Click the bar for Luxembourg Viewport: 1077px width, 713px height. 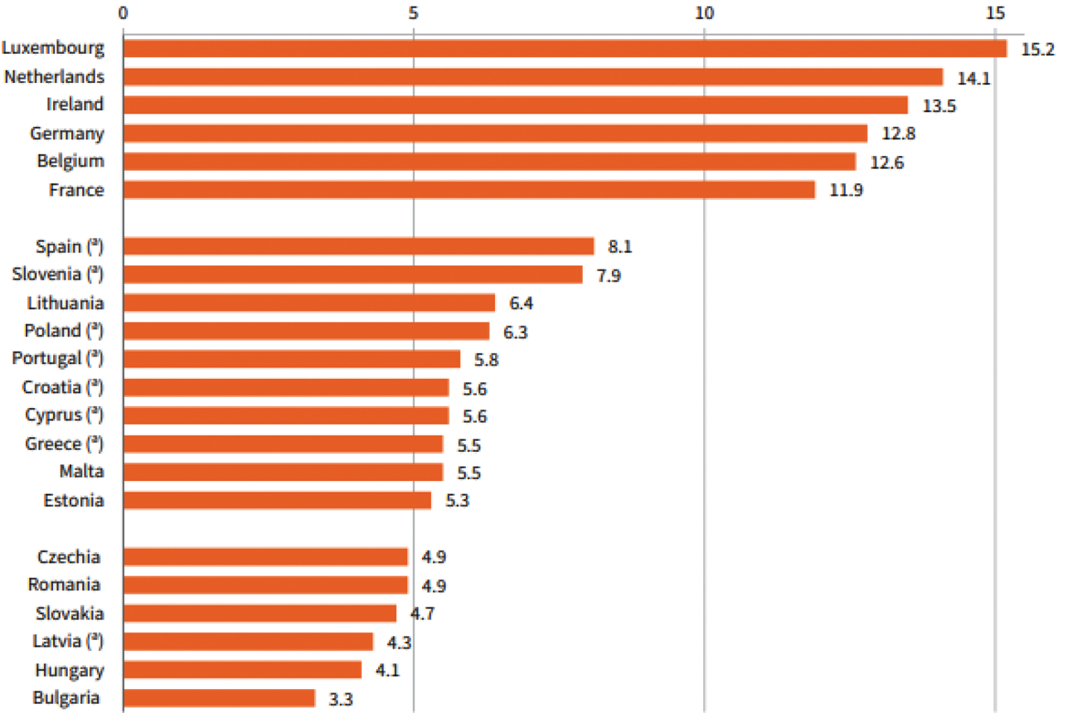tap(564, 48)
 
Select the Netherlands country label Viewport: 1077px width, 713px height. tap(54, 76)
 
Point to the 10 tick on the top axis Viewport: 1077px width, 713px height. tap(704, 12)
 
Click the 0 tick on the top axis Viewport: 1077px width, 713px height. tap(123, 12)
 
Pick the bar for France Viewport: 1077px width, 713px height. tap(468, 190)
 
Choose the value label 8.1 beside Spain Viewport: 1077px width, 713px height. tap(620, 246)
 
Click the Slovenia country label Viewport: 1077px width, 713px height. tap(58, 274)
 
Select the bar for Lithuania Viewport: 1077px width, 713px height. tap(308, 303)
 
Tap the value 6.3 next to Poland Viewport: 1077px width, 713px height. tap(515, 332)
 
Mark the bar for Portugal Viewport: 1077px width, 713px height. tap(291, 359)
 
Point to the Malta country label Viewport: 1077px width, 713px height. tap(81, 471)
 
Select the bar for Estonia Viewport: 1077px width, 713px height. tap(277, 500)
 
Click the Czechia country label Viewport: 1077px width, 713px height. tap(69, 556)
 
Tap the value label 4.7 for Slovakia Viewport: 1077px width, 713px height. tap(423, 614)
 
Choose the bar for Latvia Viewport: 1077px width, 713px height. tap(248, 642)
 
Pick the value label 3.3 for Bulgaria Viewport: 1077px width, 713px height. tap(341, 699)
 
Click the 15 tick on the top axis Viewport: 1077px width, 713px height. tap(995, 12)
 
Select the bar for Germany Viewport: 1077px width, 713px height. tap(495, 133)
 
